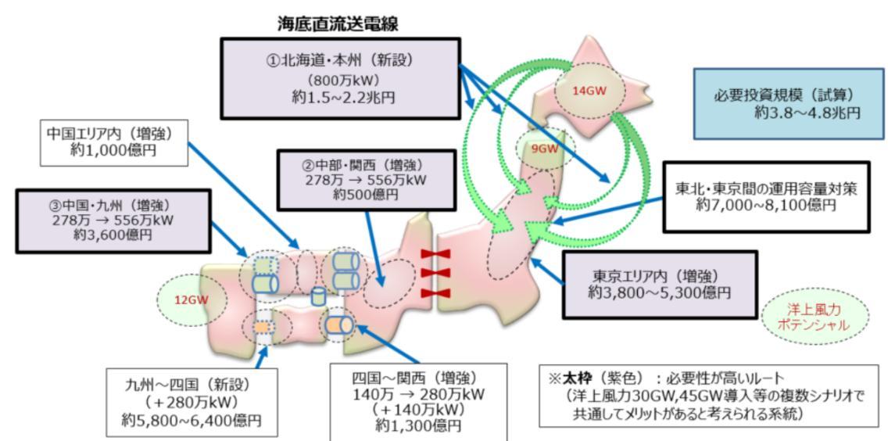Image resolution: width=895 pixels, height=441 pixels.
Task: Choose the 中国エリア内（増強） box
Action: pyautogui.click(x=115, y=142)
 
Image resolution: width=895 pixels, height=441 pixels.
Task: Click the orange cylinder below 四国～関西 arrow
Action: pyautogui.click(x=341, y=324)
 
